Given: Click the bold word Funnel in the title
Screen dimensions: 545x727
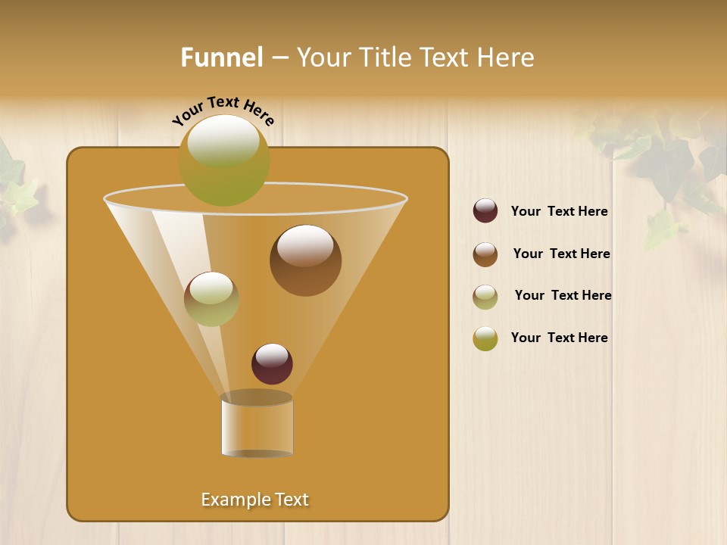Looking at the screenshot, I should coord(221,58).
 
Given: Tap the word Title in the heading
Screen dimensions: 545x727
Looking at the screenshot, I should coord(385,58).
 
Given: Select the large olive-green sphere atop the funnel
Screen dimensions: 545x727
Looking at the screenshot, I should coord(223,160).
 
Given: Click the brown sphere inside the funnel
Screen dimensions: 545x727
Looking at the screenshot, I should coord(305,260).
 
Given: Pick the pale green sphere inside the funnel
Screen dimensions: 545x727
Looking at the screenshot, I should coord(211,298).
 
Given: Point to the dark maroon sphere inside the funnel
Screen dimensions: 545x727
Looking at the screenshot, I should coord(272,363).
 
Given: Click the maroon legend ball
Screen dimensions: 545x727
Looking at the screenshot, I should coord(485,210).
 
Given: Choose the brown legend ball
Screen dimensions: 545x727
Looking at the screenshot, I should coord(485,254).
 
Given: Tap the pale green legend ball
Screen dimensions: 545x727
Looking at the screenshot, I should coord(485,296).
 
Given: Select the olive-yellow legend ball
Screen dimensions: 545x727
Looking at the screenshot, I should coord(485,338).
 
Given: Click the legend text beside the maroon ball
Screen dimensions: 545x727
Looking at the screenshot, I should coord(559,211).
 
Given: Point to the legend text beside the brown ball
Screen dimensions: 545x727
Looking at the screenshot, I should coord(561,254).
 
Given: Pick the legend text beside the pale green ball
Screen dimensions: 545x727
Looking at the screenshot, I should coord(563,295).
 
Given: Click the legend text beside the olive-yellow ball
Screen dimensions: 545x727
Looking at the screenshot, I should coord(559,338).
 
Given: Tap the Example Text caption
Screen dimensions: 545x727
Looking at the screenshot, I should coord(254,500).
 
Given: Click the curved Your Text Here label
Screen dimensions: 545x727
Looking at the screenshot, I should coord(223,111).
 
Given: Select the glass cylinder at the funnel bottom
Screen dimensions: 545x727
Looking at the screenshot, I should coord(257,426).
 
